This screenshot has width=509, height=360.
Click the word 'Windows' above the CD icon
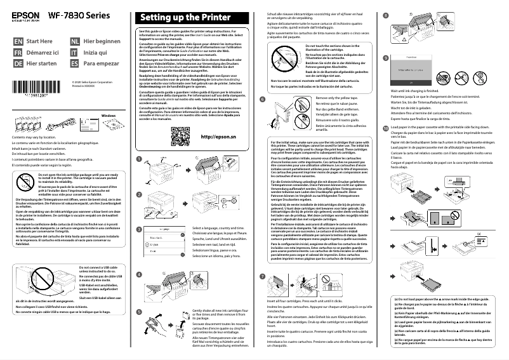pyautogui.click(x=110, y=116)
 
